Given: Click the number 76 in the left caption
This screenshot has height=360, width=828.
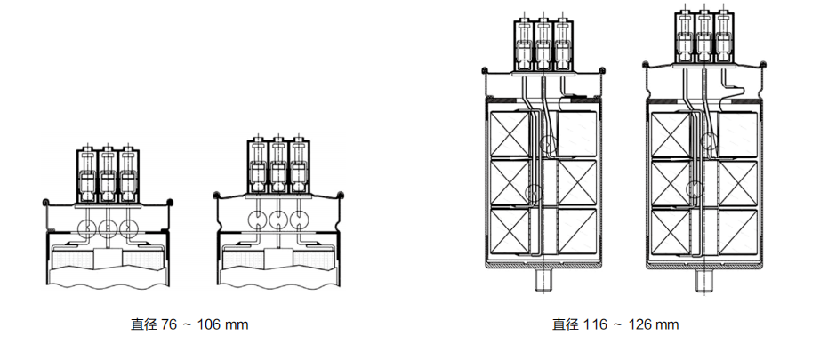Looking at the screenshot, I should [x=170, y=324].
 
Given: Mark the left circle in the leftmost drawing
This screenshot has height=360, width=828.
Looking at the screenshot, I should [x=87, y=228].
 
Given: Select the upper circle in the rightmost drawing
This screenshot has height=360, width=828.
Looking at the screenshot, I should [x=709, y=140].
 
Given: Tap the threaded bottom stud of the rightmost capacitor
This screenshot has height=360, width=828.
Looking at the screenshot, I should [x=705, y=281].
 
